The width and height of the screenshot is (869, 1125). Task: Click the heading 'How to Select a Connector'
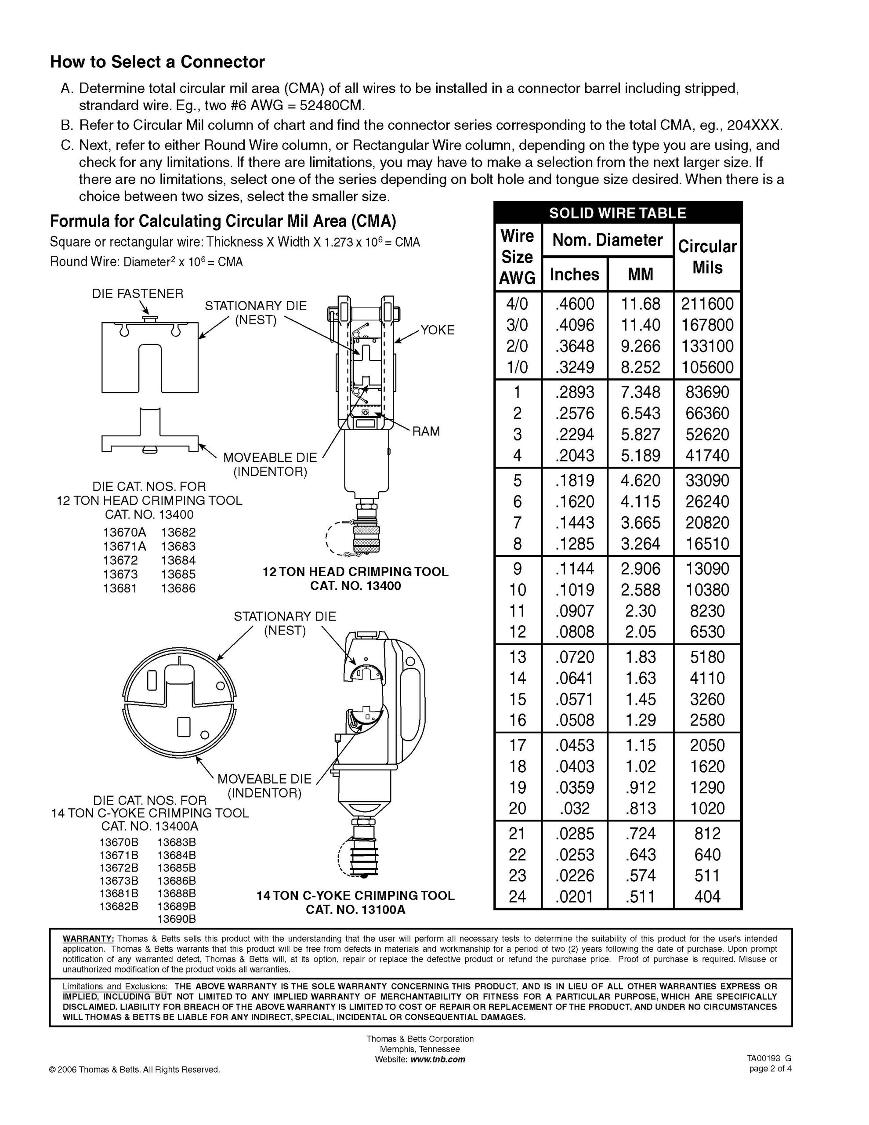click(157, 62)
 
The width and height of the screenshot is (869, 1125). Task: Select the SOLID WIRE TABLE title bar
click(617, 213)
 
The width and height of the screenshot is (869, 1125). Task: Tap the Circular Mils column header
click(707, 257)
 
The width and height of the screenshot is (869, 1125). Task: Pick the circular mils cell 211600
click(707, 304)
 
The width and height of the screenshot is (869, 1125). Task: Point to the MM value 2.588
click(640, 590)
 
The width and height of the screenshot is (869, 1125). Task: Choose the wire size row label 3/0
click(517, 325)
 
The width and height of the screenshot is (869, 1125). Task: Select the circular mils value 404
click(707, 897)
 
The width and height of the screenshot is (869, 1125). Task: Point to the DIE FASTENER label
click(138, 294)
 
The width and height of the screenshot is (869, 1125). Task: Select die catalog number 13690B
click(177, 919)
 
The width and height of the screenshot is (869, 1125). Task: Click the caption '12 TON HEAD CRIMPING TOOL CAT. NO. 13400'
click(355, 578)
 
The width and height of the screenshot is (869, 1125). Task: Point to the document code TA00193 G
click(769, 1059)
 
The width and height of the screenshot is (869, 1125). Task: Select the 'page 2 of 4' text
click(770, 1068)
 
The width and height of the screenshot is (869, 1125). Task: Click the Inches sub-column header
click(574, 275)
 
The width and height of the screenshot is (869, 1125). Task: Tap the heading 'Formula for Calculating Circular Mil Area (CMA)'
click(223, 221)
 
